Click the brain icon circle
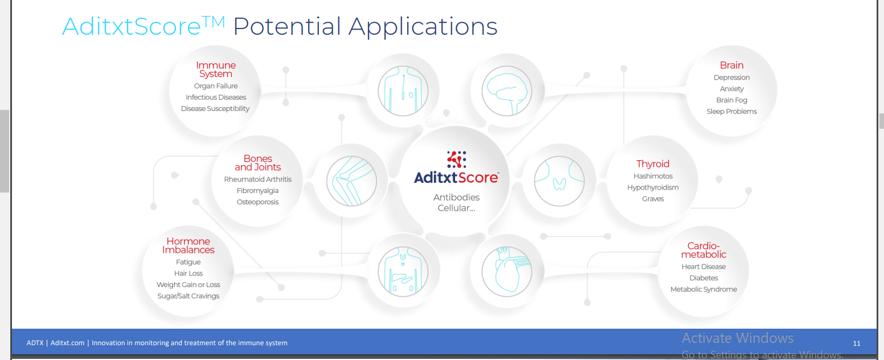(x=507, y=91)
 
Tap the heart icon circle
(x=507, y=272)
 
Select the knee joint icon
(x=351, y=181)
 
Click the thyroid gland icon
(x=559, y=181)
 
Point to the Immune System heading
(x=216, y=69)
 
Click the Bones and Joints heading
(x=257, y=163)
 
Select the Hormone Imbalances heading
(x=188, y=246)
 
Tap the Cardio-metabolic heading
(x=703, y=250)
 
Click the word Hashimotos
(x=653, y=176)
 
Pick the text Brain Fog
(x=732, y=100)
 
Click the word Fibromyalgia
(x=257, y=191)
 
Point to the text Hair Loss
(x=188, y=273)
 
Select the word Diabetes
(x=703, y=278)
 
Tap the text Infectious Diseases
(x=216, y=97)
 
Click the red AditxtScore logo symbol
(x=457, y=159)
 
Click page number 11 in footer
(x=857, y=343)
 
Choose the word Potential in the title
(x=287, y=27)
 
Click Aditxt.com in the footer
(x=67, y=343)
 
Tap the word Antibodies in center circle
(x=457, y=197)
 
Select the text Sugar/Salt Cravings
(x=188, y=296)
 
